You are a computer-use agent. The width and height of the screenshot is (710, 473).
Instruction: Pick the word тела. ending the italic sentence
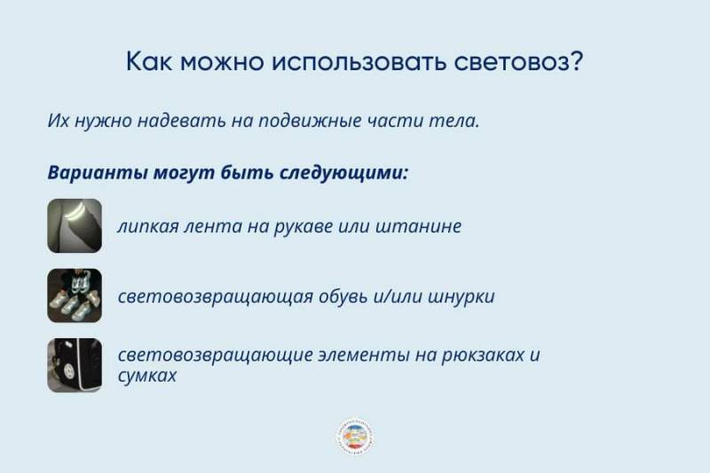(458, 121)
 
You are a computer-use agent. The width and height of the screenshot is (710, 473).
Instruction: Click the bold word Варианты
(93, 172)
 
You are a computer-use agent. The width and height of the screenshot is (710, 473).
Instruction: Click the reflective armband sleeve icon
(75, 226)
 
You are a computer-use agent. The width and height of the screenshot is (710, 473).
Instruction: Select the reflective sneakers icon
(75, 296)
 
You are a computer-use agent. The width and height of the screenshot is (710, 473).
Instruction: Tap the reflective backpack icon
(75, 365)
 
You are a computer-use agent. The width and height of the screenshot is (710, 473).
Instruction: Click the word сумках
(147, 375)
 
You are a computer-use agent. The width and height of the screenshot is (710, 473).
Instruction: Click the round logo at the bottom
(355, 437)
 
